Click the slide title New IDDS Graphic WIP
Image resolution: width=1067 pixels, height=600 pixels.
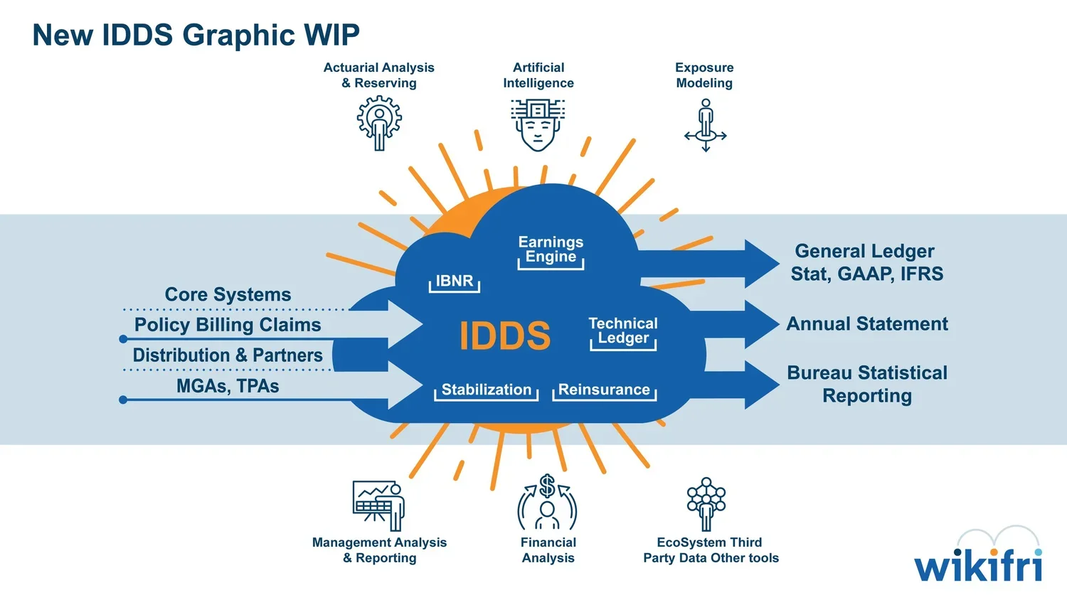tap(196, 35)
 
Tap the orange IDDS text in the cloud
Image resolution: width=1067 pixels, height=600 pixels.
tap(504, 336)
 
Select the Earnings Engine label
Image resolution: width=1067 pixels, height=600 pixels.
tap(551, 250)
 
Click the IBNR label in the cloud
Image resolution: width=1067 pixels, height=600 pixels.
tap(454, 281)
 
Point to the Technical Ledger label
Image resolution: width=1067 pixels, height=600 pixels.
tap(623, 331)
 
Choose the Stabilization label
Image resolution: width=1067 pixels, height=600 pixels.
tap(486, 390)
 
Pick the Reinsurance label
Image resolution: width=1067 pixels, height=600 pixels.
tap(604, 390)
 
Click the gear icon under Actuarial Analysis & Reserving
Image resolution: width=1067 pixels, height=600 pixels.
tap(379, 122)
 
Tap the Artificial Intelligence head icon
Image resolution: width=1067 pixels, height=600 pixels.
tap(538, 124)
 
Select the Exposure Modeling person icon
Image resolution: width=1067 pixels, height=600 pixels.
tap(705, 124)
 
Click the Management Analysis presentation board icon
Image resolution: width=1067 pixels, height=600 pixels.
tap(378, 505)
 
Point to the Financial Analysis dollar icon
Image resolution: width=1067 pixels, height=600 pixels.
tap(547, 503)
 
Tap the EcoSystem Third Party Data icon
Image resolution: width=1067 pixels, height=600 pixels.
tap(706, 503)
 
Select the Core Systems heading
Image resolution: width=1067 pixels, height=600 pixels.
tap(228, 294)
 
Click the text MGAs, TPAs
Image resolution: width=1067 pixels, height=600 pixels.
tap(228, 386)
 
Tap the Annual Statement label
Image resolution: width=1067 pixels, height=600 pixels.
tap(867, 324)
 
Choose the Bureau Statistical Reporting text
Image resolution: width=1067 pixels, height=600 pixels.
tap(867, 384)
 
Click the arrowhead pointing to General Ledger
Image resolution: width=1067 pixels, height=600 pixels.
tap(761, 264)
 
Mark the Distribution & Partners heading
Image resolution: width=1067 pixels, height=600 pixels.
tap(228, 355)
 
